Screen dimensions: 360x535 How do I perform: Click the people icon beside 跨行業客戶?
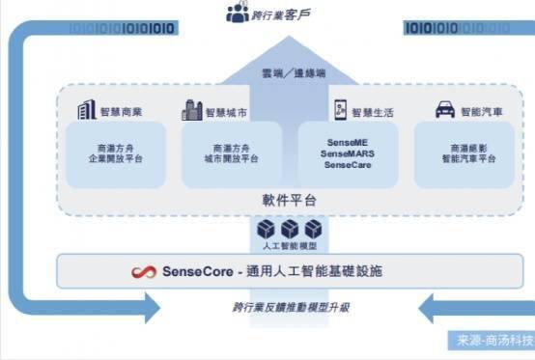click(237, 14)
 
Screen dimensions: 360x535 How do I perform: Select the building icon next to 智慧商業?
click(85, 110)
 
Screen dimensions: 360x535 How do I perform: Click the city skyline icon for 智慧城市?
click(191, 110)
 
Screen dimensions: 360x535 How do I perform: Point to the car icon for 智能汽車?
click(445, 110)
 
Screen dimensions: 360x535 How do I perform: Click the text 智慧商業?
click(122, 111)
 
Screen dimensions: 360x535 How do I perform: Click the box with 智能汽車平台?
click(463, 155)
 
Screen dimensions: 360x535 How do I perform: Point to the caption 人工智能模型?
click(290, 247)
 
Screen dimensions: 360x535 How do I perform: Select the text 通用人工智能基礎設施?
click(328, 272)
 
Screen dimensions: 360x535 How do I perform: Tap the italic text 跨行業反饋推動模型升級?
click(291, 308)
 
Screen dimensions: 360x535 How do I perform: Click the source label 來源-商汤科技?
click(491, 341)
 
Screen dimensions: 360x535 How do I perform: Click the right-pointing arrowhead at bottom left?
click(149, 308)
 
